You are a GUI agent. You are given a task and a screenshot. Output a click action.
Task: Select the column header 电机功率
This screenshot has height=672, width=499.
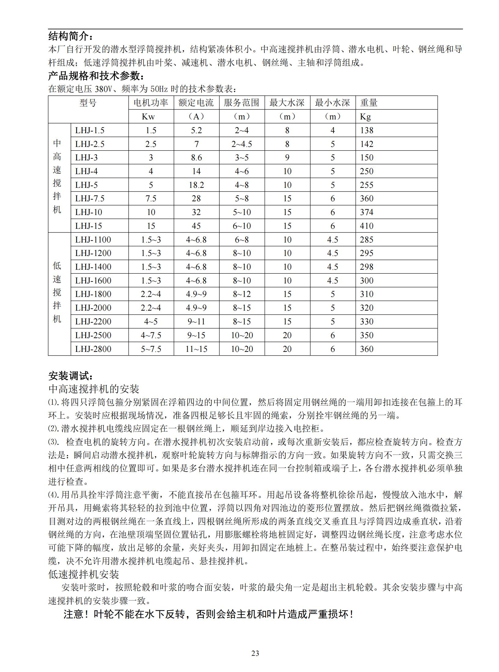pyautogui.click(x=151, y=103)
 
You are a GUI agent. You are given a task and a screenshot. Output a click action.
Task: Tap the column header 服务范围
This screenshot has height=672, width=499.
pyautogui.click(x=241, y=103)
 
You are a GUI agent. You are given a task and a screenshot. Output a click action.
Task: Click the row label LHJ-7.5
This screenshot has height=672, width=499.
pyautogui.click(x=90, y=199)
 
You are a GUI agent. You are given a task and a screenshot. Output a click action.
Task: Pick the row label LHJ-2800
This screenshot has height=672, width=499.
pyautogui.click(x=93, y=349)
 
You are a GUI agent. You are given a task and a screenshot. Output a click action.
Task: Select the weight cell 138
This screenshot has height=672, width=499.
pyautogui.click(x=367, y=130)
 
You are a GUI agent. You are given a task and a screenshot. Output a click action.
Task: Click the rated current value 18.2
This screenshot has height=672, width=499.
pyautogui.click(x=196, y=185)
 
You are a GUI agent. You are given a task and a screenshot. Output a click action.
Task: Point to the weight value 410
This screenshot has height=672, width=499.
pyautogui.click(x=367, y=226)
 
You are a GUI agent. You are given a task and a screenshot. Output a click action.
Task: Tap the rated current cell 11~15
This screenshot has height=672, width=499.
pyautogui.click(x=196, y=349)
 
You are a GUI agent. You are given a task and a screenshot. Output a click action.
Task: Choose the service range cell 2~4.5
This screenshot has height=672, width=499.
pyautogui.click(x=241, y=144)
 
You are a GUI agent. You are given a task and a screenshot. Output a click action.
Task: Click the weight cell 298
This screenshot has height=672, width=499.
pyautogui.click(x=367, y=267)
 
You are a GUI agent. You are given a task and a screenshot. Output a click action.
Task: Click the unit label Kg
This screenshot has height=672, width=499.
pyautogui.click(x=365, y=116)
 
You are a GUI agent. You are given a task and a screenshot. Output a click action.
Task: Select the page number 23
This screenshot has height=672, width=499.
pyautogui.click(x=255, y=653)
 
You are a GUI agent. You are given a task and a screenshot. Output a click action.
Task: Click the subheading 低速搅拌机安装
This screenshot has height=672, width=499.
pyautogui.click(x=83, y=575)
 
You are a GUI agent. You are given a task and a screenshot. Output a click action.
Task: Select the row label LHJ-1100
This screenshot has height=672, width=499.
pyautogui.click(x=93, y=239)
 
